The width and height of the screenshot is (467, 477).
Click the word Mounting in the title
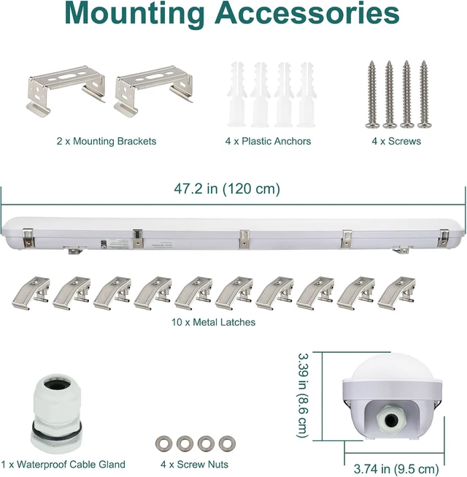pyautogui.click(x=134, y=15)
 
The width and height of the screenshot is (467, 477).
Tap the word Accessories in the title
pyautogui.click(x=307, y=13)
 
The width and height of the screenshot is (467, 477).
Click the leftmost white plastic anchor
pyautogui.click(x=236, y=94)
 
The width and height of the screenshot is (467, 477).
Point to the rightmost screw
pyautogui.click(x=424, y=94)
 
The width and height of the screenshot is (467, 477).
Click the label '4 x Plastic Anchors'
pyautogui.click(x=268, y=141)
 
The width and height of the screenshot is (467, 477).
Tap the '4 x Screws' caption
pyautogui.click(x=396, y=141)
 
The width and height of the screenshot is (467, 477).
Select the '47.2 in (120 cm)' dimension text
pyautogui.click(x=227, y=188)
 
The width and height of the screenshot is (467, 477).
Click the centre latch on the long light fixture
pyautogui.click(x=244, y=239)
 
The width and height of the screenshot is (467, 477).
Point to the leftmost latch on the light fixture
pyautogui.click(x=28, y=238)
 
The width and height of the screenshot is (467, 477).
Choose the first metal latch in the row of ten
pyautogui.click(x=31, y=293)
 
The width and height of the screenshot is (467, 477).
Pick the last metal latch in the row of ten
pyautogui.click(x=396, y=293)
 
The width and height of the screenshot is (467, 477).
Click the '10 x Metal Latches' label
pyautogui.click(x=213, y=322)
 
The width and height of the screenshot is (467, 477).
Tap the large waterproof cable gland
pyautogui.click(x=56, y=414)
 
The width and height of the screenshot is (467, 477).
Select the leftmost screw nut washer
pyautogui.click(x=163, y=443)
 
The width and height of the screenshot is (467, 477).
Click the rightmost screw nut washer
pyautogui.click(x=227, y=443)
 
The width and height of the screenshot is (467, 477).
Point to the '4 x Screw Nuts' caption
pyautogui.click(x=194, y=465)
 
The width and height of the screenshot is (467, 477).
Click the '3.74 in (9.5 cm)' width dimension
pyautogui.click(x=396, y=469)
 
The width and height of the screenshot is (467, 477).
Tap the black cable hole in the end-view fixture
pyautogui.click(x=390, y=421)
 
